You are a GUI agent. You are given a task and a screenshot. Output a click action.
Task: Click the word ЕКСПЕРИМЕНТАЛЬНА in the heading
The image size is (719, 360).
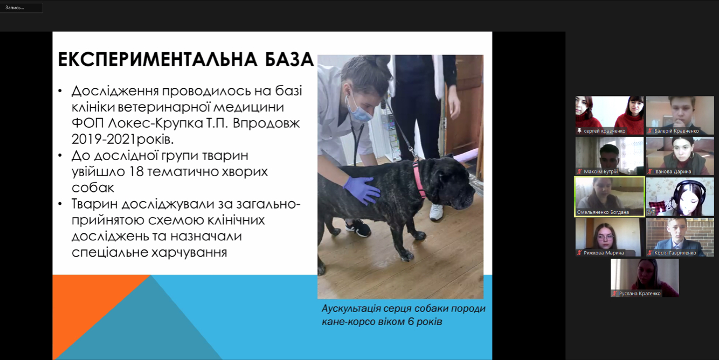point(157,59)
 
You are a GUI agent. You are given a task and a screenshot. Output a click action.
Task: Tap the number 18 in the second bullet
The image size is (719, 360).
point(136,171)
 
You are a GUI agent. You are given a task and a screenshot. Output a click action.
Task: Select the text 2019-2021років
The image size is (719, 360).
point(122,139)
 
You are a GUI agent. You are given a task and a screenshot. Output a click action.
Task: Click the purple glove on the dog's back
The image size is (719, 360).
point(362,190)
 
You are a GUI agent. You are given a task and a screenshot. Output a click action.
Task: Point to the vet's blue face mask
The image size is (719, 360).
point(359,110)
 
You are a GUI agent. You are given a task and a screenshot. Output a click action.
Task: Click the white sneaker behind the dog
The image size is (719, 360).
point(437,212)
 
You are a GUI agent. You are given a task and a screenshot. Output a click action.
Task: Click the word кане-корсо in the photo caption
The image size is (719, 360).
point(346,322)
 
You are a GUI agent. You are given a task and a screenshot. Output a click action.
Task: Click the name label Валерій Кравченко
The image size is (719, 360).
point(676,131)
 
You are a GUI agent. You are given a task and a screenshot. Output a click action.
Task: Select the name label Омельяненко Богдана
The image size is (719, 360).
point(603,212)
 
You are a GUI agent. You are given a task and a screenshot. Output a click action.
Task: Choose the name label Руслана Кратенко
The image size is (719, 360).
point(640,294)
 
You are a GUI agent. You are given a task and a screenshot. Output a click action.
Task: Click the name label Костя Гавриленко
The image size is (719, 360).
point(675,253)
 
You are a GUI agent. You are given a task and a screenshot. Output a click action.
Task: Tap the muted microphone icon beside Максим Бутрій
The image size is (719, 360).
point(579,172)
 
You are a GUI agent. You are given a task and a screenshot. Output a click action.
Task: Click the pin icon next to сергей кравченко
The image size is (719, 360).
point(579,131)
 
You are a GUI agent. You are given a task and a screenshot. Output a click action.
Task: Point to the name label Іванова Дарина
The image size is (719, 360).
point(673,172)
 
